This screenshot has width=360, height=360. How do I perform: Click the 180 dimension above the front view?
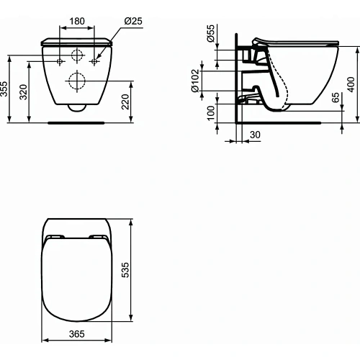[76, 22]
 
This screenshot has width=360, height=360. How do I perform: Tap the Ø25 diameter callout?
[132, 22]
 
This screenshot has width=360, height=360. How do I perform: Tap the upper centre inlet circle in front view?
[76, 55]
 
